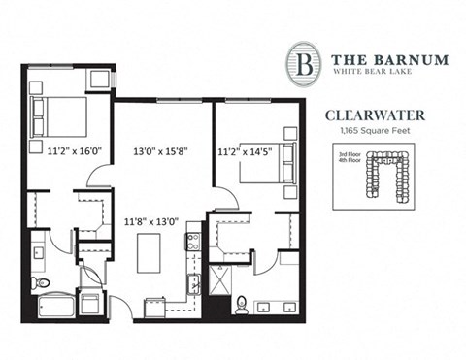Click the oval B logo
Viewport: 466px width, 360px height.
306,64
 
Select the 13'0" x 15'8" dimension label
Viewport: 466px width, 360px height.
161,150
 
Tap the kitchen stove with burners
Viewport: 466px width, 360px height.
194,242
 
